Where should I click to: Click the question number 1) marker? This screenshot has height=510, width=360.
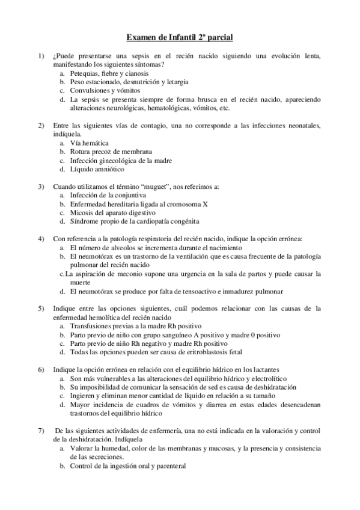coord(41,56)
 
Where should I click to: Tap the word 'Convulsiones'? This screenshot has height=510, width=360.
coord(90,90)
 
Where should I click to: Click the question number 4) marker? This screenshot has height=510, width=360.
coord(41,239)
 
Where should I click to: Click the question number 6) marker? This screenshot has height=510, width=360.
coord(41,369)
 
